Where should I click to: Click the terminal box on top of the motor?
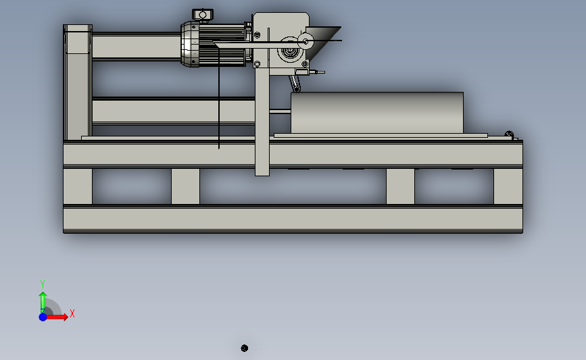coord(203,15)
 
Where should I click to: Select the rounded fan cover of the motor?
coord(190,44)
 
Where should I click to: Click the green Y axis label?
coord(43,284)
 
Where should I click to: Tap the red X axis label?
coord(72,313)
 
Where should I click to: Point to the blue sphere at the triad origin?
coord(43,317)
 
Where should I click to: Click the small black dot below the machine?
coord(245,348)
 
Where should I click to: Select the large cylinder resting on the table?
coord(377,112)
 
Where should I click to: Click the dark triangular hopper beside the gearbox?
coord(322,42)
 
